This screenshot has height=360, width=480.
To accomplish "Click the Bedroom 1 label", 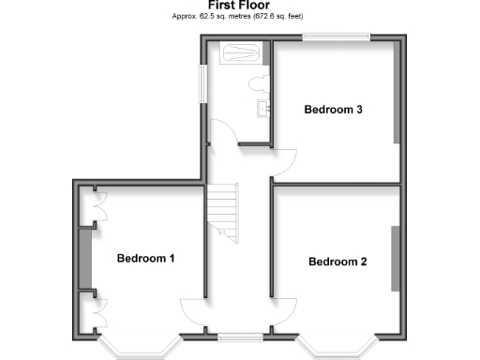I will pos(145,258).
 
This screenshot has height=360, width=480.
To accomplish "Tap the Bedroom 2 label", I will pos(337,262).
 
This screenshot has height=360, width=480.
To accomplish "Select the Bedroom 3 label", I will pos(334,110).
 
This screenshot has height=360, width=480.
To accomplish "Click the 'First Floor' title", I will pos(239,6).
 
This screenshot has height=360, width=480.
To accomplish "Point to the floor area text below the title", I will pos(239,17).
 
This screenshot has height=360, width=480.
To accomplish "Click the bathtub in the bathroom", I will pos(237,52).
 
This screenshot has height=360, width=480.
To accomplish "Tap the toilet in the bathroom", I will pos(260,83).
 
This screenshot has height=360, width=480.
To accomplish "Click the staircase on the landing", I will pos(224,212).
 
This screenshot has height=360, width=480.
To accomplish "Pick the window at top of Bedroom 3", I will pos(336,38).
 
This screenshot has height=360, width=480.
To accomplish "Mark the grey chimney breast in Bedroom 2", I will pos(396,258).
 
